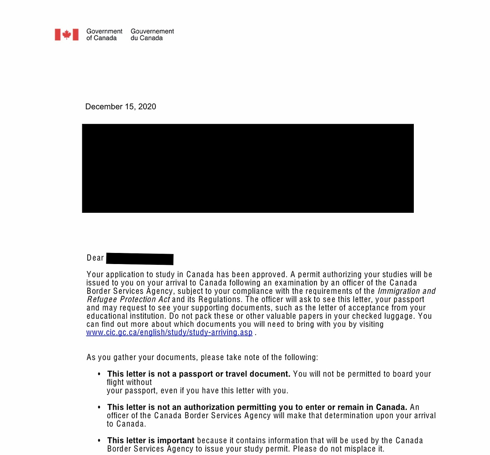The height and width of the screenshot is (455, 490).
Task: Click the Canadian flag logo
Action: coord(67,34)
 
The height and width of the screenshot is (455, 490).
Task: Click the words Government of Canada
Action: coord(104,34)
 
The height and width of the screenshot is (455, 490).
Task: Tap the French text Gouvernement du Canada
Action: coord(152,34)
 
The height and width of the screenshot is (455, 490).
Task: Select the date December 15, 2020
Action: coord(121,107)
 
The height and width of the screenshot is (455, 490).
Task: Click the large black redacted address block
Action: coord(248,168)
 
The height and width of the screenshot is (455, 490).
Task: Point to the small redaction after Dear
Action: coord(140,259)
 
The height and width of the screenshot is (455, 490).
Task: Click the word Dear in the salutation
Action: coord(95,258)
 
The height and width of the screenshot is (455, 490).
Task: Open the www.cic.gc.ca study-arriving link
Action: coord(169,333)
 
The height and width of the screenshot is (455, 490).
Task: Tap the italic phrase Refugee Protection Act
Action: coord(128,300)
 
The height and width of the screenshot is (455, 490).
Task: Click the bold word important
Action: coord(176,440)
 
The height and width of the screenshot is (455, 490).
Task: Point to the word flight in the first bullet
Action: coord(115,382)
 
